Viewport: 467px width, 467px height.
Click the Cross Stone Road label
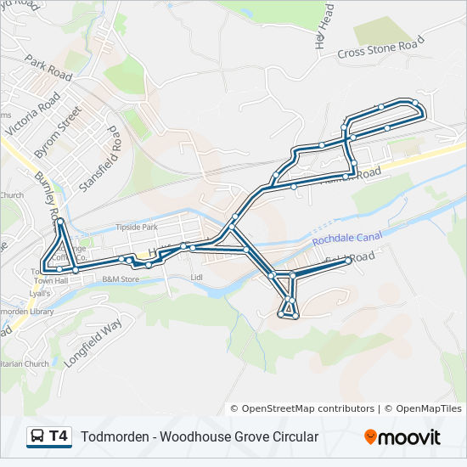point(380,50)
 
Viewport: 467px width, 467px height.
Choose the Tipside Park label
point(137,228)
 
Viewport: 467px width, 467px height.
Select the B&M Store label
point(120,279)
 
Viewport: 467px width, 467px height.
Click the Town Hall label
point(50,280)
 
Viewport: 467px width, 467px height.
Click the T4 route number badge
point(59,436)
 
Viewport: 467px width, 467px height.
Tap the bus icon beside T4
point(37,436)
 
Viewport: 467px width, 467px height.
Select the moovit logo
point(402,437)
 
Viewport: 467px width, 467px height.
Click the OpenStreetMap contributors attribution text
point(308,408)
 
